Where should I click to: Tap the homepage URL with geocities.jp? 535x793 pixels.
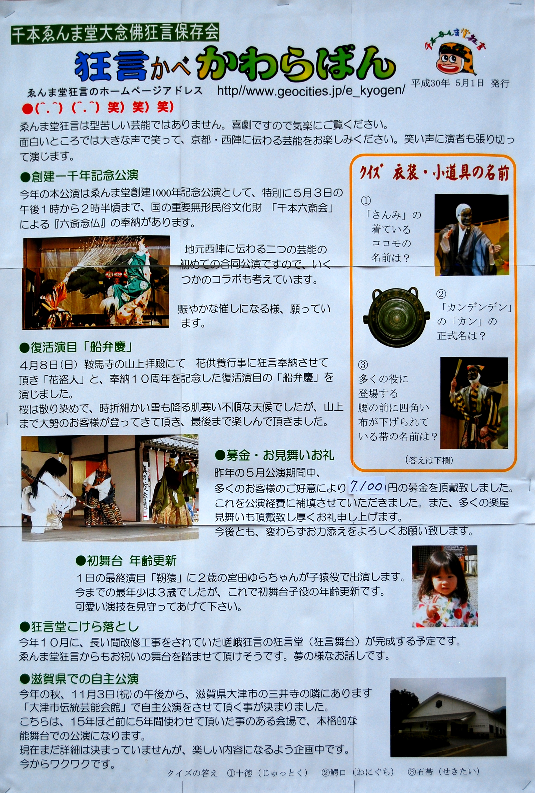[311, 91]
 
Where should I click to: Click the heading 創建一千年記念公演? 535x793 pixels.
[79, 176]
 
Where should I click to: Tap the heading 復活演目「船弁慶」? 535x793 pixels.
[76, 347]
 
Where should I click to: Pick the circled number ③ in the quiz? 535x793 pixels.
[363, 365]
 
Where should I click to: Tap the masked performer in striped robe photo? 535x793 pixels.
[474, 403]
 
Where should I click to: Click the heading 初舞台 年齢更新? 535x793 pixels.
[126, 561]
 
